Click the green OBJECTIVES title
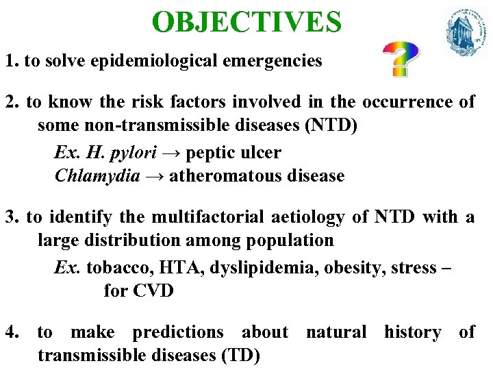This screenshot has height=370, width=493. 246,22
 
